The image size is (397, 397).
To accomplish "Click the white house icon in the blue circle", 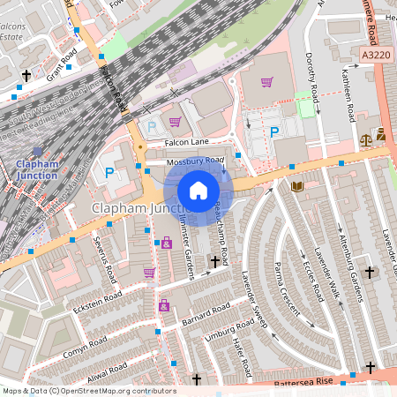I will pos(198,190).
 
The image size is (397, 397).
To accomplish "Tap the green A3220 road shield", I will pos(375,55).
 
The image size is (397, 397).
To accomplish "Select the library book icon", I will pos(296,186).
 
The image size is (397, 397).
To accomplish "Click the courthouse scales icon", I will pos(366,139).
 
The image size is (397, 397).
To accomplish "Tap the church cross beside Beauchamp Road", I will pos(213,261).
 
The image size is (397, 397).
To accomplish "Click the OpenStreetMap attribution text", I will pos(88,391).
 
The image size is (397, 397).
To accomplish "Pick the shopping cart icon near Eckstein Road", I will pos(149,273).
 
